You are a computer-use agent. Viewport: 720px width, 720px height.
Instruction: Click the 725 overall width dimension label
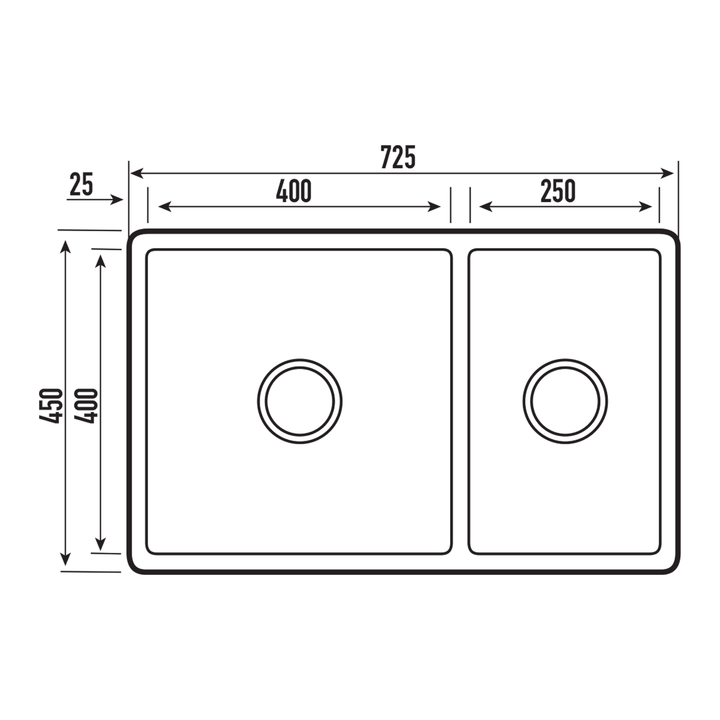click(397, 157)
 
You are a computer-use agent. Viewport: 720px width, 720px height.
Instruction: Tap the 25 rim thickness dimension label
click(81, 184)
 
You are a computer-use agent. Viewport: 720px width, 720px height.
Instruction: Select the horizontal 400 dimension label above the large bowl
click(294, 190)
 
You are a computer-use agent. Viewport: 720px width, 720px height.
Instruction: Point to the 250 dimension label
click(558, 190)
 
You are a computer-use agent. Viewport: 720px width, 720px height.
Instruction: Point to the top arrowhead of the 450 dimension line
click(66, 246)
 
